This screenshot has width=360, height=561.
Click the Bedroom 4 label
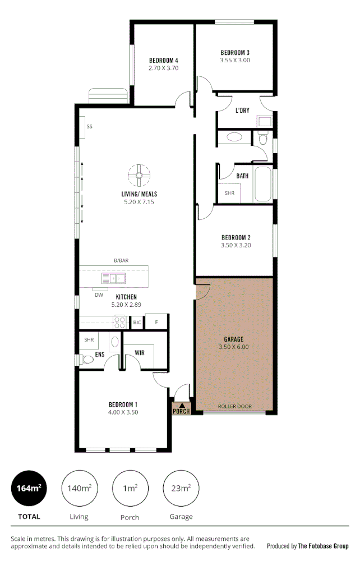(163, 61)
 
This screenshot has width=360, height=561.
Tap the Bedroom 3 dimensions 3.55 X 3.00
(235, 60)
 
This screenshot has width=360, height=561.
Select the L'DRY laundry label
(242, 110)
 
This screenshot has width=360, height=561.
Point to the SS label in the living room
(89, 127)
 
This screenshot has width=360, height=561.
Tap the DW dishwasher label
(99, 295)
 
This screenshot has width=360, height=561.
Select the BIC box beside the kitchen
(137, 323)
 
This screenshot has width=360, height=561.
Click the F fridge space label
(156, 323)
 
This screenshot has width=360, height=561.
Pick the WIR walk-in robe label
(140, 353)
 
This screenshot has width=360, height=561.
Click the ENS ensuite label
(99, 355)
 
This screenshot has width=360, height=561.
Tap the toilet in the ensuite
(87, 360)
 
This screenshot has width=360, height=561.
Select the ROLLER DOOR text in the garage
(235, 406)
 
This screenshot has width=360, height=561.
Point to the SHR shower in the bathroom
(229, 193)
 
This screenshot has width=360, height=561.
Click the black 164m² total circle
(29, 489)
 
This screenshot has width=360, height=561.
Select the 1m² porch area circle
(130, 489)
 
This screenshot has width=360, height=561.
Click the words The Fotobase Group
(323, 546)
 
